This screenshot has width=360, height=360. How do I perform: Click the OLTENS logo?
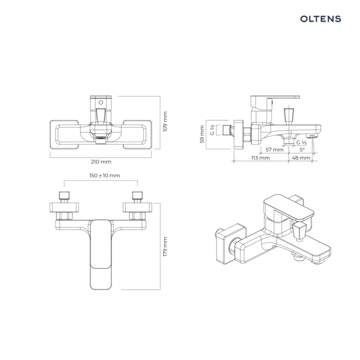point(321,19)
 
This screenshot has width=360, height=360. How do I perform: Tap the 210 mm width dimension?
point(101,162)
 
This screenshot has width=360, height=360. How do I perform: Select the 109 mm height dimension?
point(165,122)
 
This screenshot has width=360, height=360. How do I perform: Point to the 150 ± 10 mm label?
point(105,176)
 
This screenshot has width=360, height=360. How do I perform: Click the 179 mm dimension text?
point(165,247)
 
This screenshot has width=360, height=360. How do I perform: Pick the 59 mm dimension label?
point(202,134)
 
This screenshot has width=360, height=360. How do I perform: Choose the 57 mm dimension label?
point(275,150)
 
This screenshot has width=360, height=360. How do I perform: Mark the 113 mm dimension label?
point(260,158)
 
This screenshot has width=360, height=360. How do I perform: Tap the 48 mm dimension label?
point(301,158)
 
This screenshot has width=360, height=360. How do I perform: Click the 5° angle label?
point(302,150)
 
